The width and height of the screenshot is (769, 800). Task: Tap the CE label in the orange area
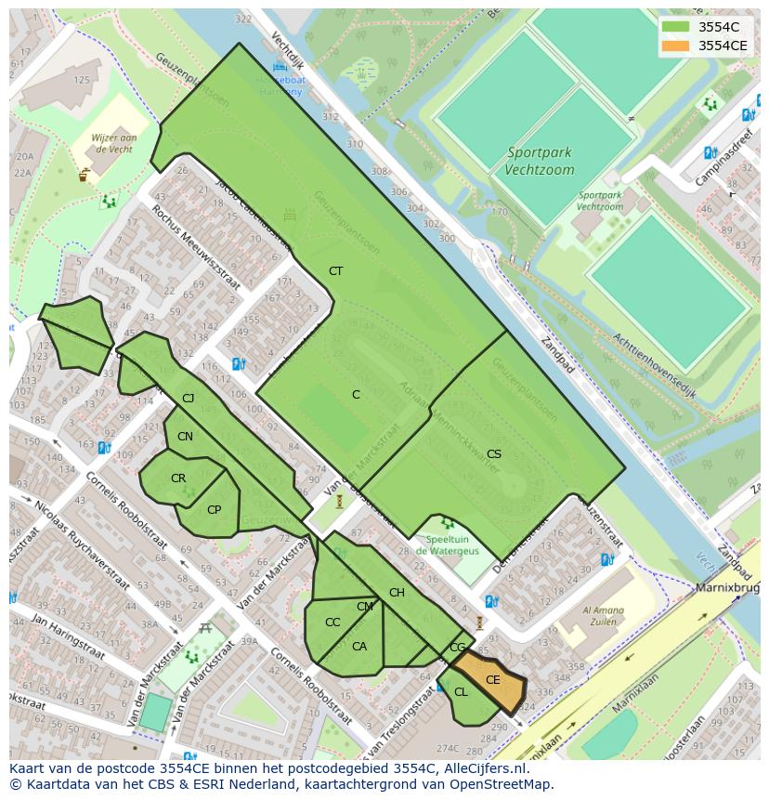493,680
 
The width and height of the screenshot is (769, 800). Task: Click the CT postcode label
335,271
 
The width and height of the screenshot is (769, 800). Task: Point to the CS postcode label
494,454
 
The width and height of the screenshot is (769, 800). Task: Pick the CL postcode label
461,692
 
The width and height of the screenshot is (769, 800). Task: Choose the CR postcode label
178,479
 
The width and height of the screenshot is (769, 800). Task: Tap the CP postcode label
214,510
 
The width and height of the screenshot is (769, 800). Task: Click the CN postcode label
185,437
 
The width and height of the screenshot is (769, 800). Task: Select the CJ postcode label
188,399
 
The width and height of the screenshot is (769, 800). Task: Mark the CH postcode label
397,593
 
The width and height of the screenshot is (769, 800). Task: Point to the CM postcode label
364,607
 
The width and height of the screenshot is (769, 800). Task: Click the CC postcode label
332,623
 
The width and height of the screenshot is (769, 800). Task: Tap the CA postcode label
359,647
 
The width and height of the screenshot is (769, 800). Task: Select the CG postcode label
457,648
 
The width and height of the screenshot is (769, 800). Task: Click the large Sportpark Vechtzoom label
540,162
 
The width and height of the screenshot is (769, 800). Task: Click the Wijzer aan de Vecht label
114,143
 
